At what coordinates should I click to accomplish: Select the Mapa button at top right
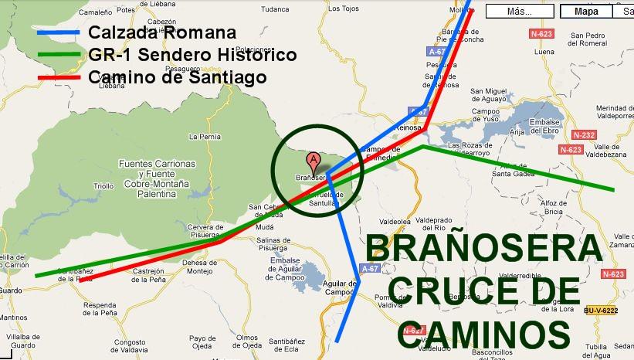click(586, 12)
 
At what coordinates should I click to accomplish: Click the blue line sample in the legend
click(57, 32)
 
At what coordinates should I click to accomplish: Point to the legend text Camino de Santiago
click(178, 77)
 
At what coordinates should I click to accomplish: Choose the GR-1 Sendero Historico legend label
click(192, 56)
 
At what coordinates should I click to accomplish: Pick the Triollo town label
click(103, 186)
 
